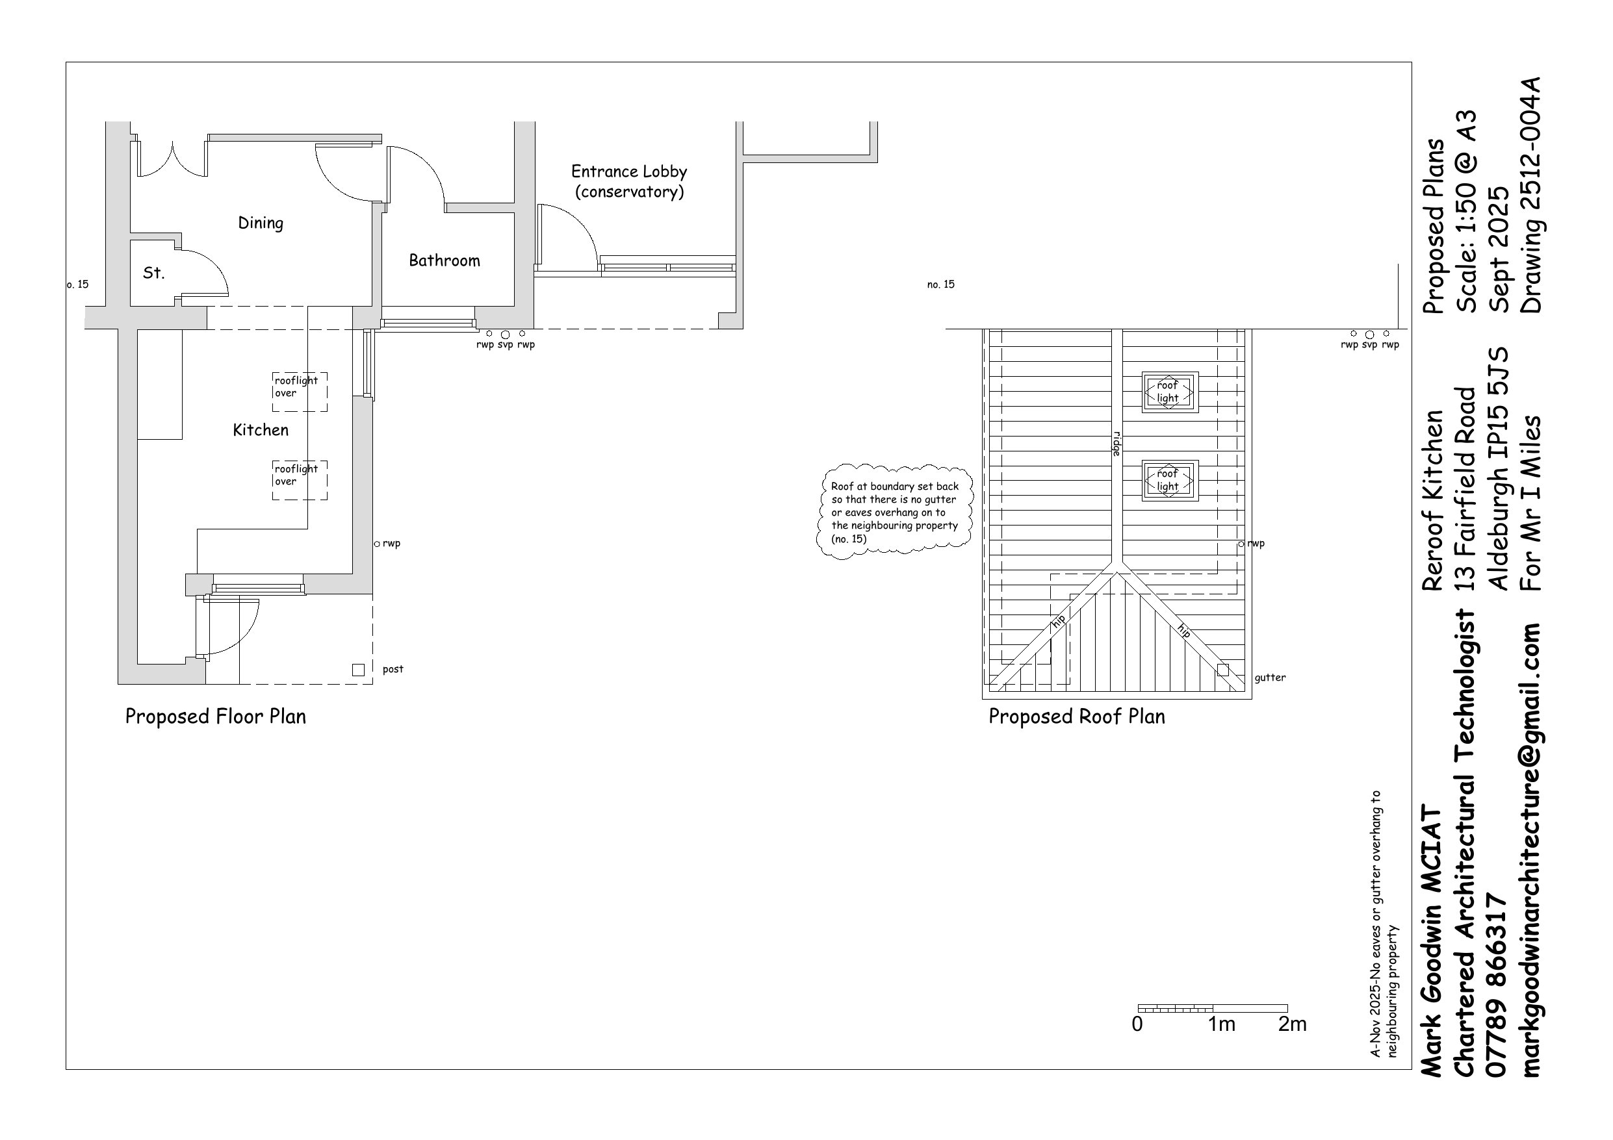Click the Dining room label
click(x=261, y=223)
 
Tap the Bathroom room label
click(x=445, y=260)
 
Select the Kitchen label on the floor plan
click(x=261, y=430)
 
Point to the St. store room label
click(x=154, y=273)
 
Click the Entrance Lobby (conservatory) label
click(x=630, y=181)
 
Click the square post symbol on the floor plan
click(x=358, y=670)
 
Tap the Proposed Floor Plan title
click(x=216, y=716)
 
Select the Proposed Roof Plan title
click(x=1077, y=716)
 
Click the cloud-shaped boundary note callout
click(x=895, y=512)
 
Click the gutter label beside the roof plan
click(x=1270, y=678)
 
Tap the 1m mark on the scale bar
click(x=1222, y=1024)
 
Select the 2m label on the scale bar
click(x=1293, y=1024)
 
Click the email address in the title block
click(x=1532, y=850)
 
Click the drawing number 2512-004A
click(x=1531, y=195)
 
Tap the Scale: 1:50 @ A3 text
click(x=1465, y=210)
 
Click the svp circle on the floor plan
click(x=505, y=335)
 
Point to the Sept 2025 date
click(x=1499, y=249)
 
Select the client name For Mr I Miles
click(x=1531, y=503)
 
